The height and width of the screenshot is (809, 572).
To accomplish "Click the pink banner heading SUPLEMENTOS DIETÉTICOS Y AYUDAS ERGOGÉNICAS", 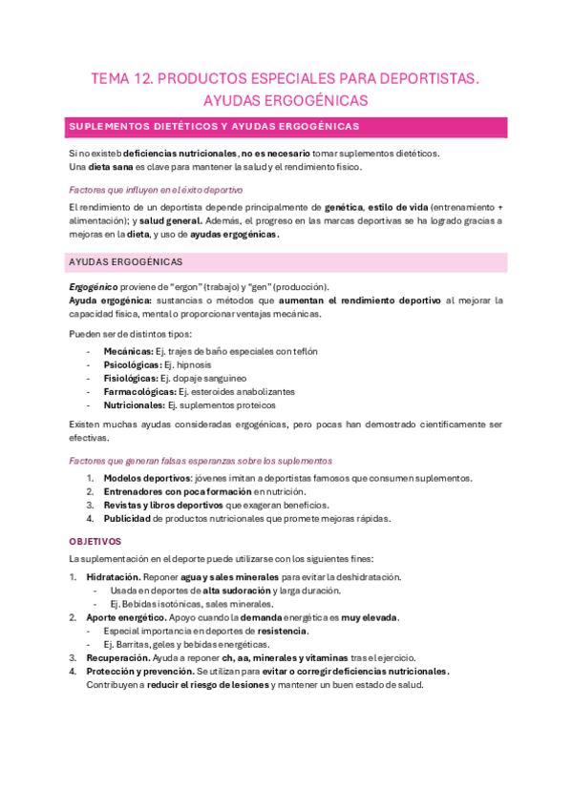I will [x=213, y=127].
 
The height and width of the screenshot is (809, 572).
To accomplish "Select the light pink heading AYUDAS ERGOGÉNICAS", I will [x=126, y=262].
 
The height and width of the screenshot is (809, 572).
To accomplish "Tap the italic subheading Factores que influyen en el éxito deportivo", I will [x=156, y=190].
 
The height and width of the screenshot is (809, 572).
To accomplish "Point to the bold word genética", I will [x=344, y=207].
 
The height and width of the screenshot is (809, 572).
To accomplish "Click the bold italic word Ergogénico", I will [x=93, y=287].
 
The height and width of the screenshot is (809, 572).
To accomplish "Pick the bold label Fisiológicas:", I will [x=131, y=378].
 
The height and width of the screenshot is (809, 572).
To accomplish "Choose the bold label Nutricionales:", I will [x=134, y=404].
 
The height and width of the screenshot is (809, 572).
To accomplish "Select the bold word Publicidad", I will [x=127, y=519].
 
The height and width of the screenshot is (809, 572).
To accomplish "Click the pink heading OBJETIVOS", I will [x=95, y=541].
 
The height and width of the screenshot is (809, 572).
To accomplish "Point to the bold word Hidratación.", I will [x=114, y=577].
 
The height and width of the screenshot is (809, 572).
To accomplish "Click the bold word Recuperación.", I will [x=117, y=657].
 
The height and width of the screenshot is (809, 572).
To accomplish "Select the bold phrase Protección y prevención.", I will [x=139, y=671].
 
